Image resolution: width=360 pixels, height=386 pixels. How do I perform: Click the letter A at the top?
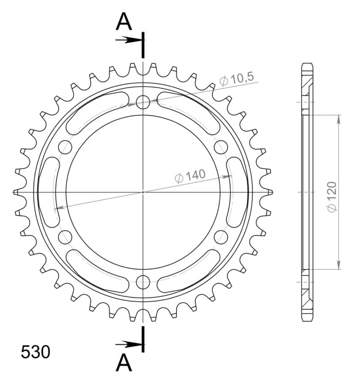tap(124, 22)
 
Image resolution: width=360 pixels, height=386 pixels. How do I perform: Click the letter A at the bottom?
tap(124, 363)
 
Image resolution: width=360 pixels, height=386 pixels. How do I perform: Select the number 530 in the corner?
tap(36, 352)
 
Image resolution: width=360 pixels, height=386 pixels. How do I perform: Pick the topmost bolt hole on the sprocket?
tap(143, 102)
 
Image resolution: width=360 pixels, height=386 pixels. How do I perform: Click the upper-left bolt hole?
tap(65, 147)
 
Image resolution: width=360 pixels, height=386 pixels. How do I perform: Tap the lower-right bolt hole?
tap(221, 237)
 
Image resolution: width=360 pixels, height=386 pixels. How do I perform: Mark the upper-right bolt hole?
tap(221, 147)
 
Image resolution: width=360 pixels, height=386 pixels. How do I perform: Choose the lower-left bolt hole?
tap(65, 237)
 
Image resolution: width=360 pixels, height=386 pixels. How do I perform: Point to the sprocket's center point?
tap(143, 192)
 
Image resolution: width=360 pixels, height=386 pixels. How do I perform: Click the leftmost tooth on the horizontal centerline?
tap(16, 192)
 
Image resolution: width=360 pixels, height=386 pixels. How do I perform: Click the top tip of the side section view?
tap(306, 64)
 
